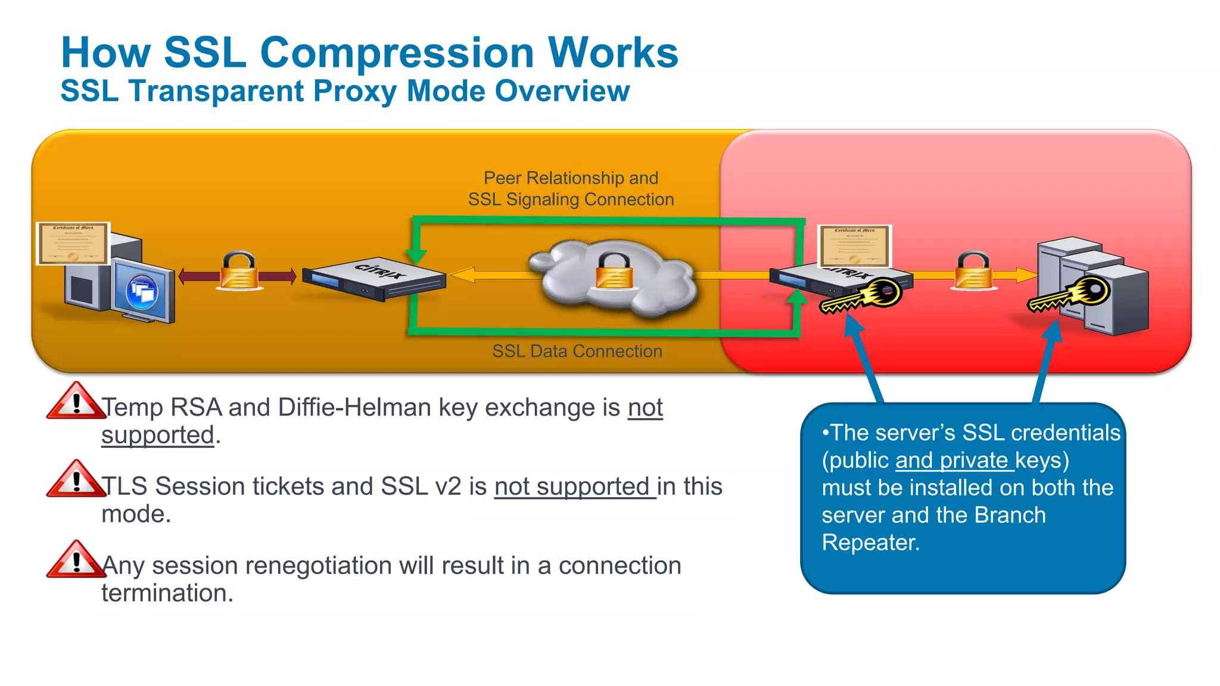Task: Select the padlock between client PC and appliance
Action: [x=239, y=271]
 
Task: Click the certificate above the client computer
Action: [x=73, y=243]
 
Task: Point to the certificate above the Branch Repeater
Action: [x=854, y=245]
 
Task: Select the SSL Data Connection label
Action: [x=577, y=351]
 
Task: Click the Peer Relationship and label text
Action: [x=570, y=178]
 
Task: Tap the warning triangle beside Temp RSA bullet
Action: [x=76, y=403]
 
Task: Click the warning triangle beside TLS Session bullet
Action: [x=76, y=480]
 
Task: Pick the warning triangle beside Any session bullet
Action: [x=76, y=560]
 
